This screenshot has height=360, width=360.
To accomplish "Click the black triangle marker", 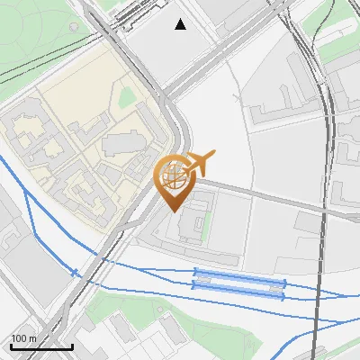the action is pyautogui.click(x=181, y=24).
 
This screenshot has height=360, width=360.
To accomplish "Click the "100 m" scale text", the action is pyautogui.click(x=23, y=337).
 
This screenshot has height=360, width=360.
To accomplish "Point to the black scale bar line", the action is pyautogui.click(x=41, y=346).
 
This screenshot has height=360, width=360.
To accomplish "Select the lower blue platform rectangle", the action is pyautogui.click(x=238, y=285).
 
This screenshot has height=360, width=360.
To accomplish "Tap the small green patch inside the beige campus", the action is pyautogui.click(x=127, y=97).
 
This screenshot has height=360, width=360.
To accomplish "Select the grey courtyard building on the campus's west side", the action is pyautogui.click(x=27, y=135).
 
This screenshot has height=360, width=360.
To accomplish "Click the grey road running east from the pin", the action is pyautogui.click(x=270, y=199).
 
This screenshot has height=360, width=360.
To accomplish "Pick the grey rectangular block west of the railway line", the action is pyautogui.click(x=31, y=261).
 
